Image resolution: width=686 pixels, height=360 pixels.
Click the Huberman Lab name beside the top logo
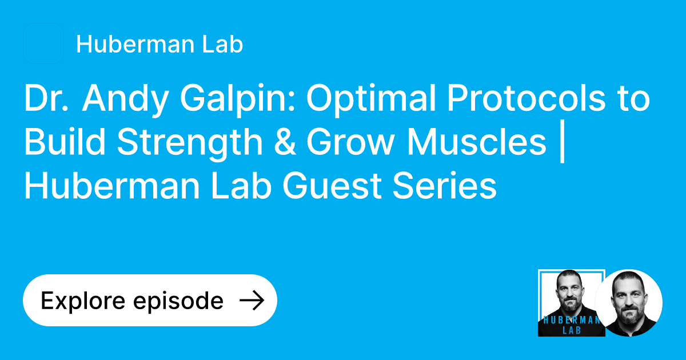tap(159, 44)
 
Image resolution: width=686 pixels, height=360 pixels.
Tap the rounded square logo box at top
tap(43, 43)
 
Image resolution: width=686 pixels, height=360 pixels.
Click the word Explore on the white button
tap(82, 301)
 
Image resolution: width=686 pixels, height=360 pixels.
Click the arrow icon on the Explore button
tap(251, 301)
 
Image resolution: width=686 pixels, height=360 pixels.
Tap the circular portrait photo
tap(628, 303)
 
